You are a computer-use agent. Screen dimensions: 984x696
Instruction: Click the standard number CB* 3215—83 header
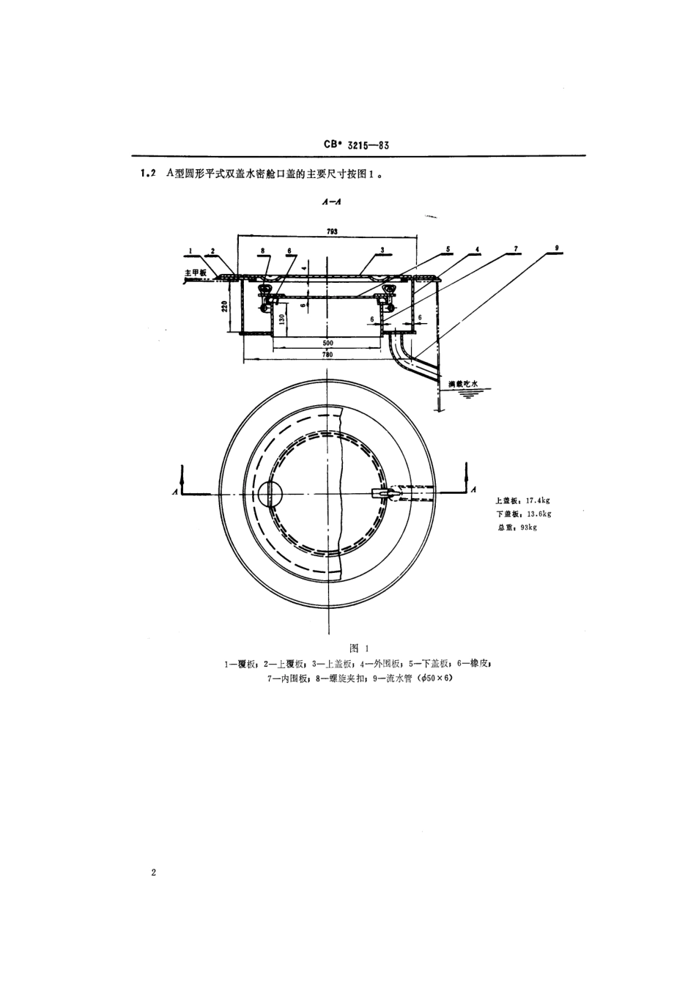pos(356,145)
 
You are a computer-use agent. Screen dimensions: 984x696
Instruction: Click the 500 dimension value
pos(327,342)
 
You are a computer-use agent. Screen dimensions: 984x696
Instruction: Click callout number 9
pos(558,249)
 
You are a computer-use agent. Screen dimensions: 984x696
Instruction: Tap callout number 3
pos(382,250)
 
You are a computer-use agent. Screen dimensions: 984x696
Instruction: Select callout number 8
pos(262,250)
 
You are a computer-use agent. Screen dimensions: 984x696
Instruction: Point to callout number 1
pos(190,250)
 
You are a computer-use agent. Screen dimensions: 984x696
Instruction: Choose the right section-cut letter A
pos(474,489)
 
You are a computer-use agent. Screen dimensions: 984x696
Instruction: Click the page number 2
pos(153,873)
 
